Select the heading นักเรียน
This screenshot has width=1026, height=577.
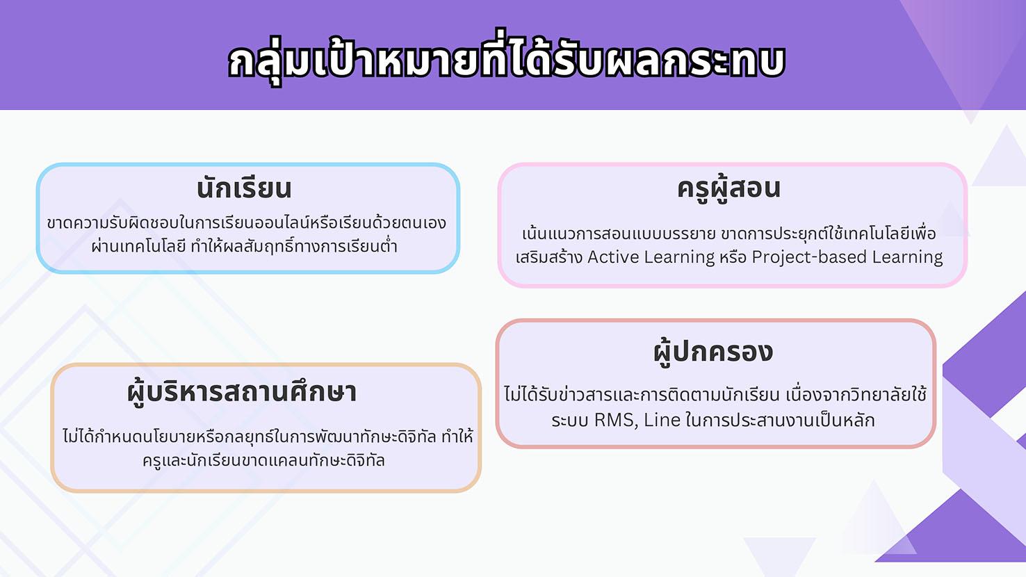click(x=244, y=188)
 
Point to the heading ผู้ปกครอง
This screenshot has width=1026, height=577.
click(x=713, y=352)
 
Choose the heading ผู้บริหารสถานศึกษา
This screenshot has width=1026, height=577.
click(x=242, y=393)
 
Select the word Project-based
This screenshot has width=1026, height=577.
click(x=809, y=257)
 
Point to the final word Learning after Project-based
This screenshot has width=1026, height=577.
click(x=907, y=258)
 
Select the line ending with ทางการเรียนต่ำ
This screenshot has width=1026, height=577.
click(x=244, y=246)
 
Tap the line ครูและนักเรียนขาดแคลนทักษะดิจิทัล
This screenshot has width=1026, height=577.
click(x=263, y=460)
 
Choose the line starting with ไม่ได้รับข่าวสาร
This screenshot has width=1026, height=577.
click(x=715, y=394)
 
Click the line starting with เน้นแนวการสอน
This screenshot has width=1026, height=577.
click(x=728, y=234)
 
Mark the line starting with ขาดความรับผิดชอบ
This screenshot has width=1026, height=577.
click(x=247, y=223)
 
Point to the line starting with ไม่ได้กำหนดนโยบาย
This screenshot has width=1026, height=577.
click(x=268, y=437)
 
